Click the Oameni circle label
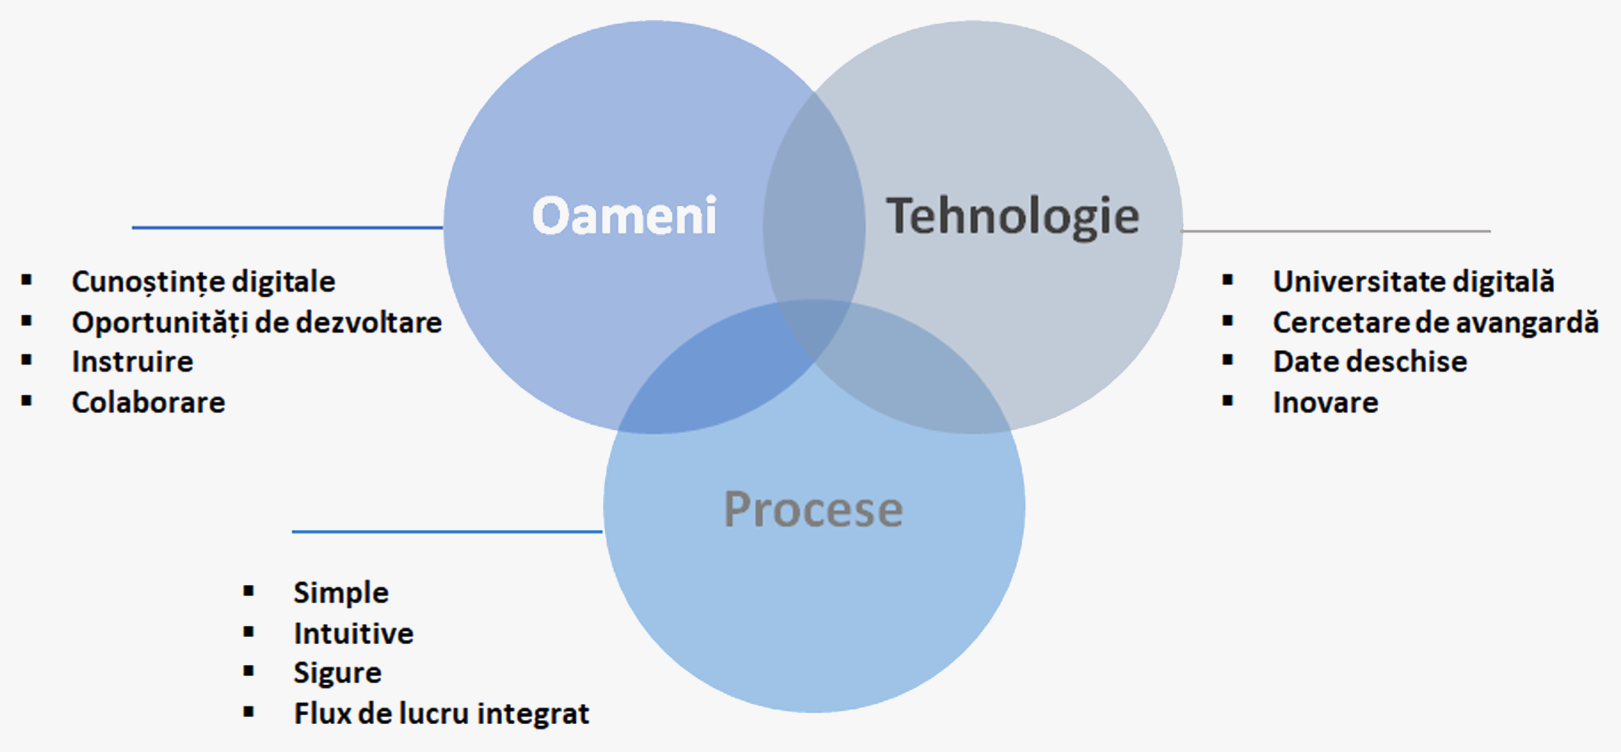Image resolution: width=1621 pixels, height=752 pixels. click(625, 215)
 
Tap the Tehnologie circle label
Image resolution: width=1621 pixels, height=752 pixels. click(1012, 217)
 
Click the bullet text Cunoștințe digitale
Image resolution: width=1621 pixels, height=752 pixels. click(203, 282)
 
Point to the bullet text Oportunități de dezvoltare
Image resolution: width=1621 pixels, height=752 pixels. click(257, 322)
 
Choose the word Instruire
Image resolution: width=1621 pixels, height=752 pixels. click(132, 361)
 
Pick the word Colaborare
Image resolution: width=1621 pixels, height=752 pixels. click(148, 402)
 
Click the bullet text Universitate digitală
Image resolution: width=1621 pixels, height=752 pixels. click(1414, 281)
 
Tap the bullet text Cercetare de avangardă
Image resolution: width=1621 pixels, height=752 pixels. click(1436, 322)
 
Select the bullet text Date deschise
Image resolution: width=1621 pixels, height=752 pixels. click(1370, 361)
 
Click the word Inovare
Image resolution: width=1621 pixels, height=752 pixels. click(1325, 402)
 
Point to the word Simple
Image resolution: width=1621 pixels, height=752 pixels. click(340, 593)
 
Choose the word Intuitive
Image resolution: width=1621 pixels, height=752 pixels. click(353, 633)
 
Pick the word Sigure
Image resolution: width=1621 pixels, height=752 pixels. click(337, 673)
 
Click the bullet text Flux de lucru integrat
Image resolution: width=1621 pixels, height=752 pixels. click(441, 713)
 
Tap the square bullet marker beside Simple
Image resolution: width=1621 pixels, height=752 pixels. click(249, 591)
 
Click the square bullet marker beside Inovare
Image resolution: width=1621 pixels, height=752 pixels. click(1228, 400)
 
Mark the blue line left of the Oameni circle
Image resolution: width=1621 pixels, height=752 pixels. click(288, 227)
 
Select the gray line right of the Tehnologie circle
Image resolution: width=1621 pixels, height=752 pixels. click(1336, 230)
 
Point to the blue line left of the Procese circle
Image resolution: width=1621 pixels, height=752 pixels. click(447, 531)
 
